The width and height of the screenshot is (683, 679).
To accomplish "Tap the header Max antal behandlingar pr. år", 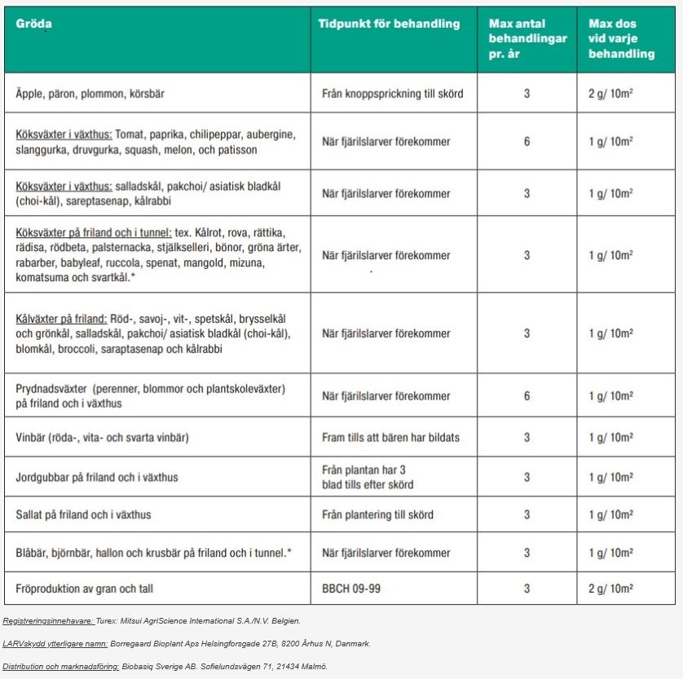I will coord(527,38).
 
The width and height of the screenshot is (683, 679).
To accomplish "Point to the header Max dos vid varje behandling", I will coord(621,38).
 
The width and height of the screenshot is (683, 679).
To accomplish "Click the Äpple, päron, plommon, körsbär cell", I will coord(90,94).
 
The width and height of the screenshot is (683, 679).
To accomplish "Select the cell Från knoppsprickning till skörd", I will coord(392,94).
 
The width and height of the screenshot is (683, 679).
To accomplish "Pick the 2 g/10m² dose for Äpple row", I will coord(610,94).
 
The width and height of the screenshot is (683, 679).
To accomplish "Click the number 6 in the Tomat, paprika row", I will coord(527,142).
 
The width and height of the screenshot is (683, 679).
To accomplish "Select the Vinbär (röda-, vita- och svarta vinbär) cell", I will coord(102,438).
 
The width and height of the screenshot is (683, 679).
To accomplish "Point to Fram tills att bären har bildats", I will coord(390,438).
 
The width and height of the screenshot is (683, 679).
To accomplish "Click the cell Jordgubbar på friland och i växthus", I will coord(96,477).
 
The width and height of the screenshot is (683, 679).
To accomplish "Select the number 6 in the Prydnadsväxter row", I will coord(527,396).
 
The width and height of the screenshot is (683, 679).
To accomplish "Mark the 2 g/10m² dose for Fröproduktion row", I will coord(610,589).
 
